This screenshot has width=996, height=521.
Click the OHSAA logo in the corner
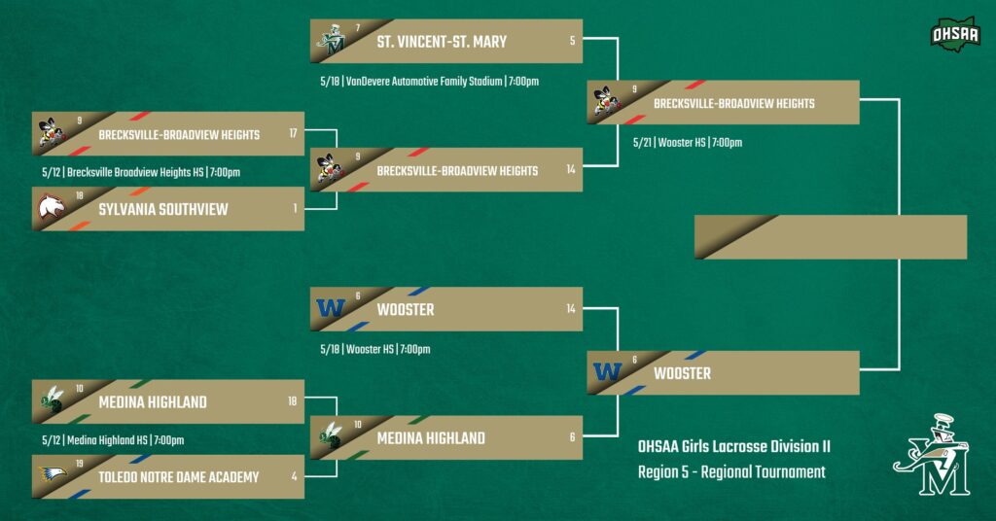(955, 34)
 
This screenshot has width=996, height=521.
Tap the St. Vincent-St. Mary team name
(442, 42)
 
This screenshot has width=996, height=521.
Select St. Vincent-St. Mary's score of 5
(572, 41)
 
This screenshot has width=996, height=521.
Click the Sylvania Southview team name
(163, 209)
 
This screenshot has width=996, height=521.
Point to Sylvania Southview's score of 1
(295, 208)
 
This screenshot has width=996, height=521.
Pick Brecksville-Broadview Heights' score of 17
(293, 133)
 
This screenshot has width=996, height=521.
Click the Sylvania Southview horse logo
(51, 206)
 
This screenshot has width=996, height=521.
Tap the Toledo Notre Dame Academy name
(179, 477)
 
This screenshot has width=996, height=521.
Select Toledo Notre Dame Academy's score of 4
(294, 476)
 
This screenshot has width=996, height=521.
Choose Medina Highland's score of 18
(292, 401)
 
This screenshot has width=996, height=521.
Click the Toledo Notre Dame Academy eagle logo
(53, 473)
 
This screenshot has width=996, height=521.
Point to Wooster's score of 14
(570, 308)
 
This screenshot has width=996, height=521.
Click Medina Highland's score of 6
(572, 436)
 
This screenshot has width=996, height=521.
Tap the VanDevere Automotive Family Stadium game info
(429, 82)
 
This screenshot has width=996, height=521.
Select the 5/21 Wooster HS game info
(688, 143)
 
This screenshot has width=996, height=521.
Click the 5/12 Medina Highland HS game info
(113, 439)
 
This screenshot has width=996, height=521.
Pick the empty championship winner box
(831, 237)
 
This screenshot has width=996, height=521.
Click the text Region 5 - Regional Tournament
(731, 472)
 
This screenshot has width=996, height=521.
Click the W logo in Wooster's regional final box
(607, 371)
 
